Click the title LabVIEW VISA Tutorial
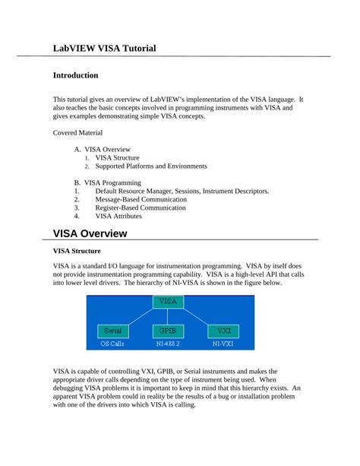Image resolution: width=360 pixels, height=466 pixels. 104,48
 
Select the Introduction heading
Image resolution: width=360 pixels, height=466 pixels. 75,75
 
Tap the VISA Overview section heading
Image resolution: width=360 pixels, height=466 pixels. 90,233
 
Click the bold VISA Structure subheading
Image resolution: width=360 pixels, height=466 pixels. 77,251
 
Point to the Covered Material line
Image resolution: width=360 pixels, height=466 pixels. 80,132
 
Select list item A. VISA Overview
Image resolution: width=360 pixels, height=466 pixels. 103,149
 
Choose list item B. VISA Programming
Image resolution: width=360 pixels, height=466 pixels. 108,182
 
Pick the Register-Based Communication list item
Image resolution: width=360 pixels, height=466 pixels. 140,208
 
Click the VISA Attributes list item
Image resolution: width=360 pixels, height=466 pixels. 118,216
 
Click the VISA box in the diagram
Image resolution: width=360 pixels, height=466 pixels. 169,302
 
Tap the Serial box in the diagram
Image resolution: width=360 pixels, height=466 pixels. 112,331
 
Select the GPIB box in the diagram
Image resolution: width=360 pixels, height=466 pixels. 169,331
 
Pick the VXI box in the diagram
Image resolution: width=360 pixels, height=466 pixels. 223,331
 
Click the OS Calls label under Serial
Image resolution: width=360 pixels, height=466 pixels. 113,344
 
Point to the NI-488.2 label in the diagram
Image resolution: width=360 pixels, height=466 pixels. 169,344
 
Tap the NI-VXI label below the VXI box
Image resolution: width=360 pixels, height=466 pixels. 223,344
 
